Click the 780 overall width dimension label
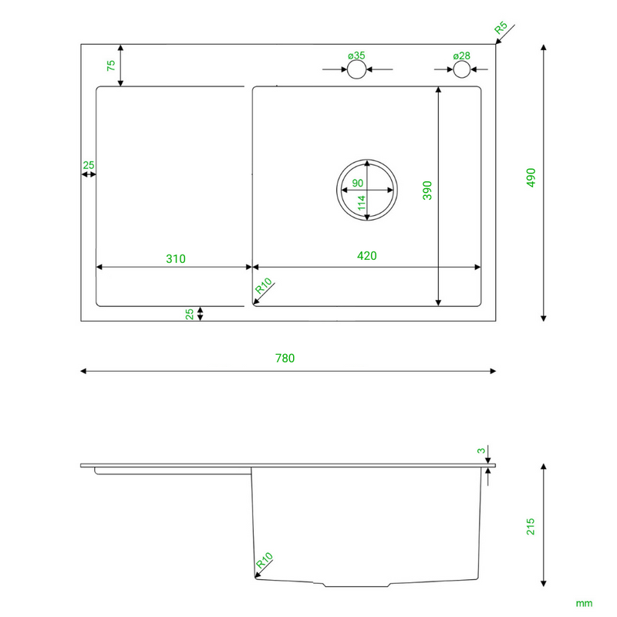[x=285, y=358]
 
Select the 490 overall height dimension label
[x=531, y=177]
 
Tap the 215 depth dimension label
[x=531, y=527]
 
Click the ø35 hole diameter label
[x=356, y=56]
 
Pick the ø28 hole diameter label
[x=461, y=56]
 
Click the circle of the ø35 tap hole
[x=357, y=69]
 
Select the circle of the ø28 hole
[x=461, y=69]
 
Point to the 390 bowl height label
[x=427, y=190]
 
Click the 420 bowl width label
[x=367, y=256]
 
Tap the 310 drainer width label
[x=176, y=259]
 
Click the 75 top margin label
[x=111, y=66]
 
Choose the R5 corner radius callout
[x=501, y=28]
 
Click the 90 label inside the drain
[x=357, y=183]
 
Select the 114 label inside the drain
[x=362, y=203]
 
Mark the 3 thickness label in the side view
[x=481, y=451]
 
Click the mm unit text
[x=584, y=603]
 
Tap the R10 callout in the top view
[x=264, y=286]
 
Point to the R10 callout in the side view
[x=264, y=561]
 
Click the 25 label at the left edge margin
[x=89, y=165]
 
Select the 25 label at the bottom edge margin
[x=190, y=314]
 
